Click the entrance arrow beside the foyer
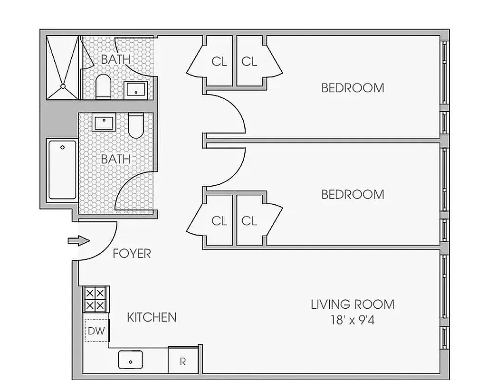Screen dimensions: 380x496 [x=78, y=241]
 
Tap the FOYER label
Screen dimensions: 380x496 [x=132, y=254]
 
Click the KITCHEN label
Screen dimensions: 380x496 [x=152, y=317]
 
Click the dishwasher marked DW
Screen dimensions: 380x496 [x=96, y=330]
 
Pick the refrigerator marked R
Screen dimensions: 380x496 [x=183, y=361]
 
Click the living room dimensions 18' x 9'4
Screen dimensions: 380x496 [x=353, y=320]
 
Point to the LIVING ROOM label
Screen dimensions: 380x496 [x=353, y=304]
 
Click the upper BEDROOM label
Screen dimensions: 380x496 [x=353, y=88]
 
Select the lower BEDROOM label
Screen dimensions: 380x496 [x=353, y=194]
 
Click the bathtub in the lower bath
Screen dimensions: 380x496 [x=62, y=169]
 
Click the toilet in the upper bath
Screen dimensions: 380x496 [x=103, y=87]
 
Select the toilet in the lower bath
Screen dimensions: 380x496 [x=136, y=125]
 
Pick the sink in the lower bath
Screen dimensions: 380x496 [x=104, y=123]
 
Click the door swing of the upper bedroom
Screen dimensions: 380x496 [x=228, y=114]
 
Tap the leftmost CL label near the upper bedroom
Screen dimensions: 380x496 [x=219, y=61]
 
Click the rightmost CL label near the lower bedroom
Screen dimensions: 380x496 [x=249, y=221]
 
